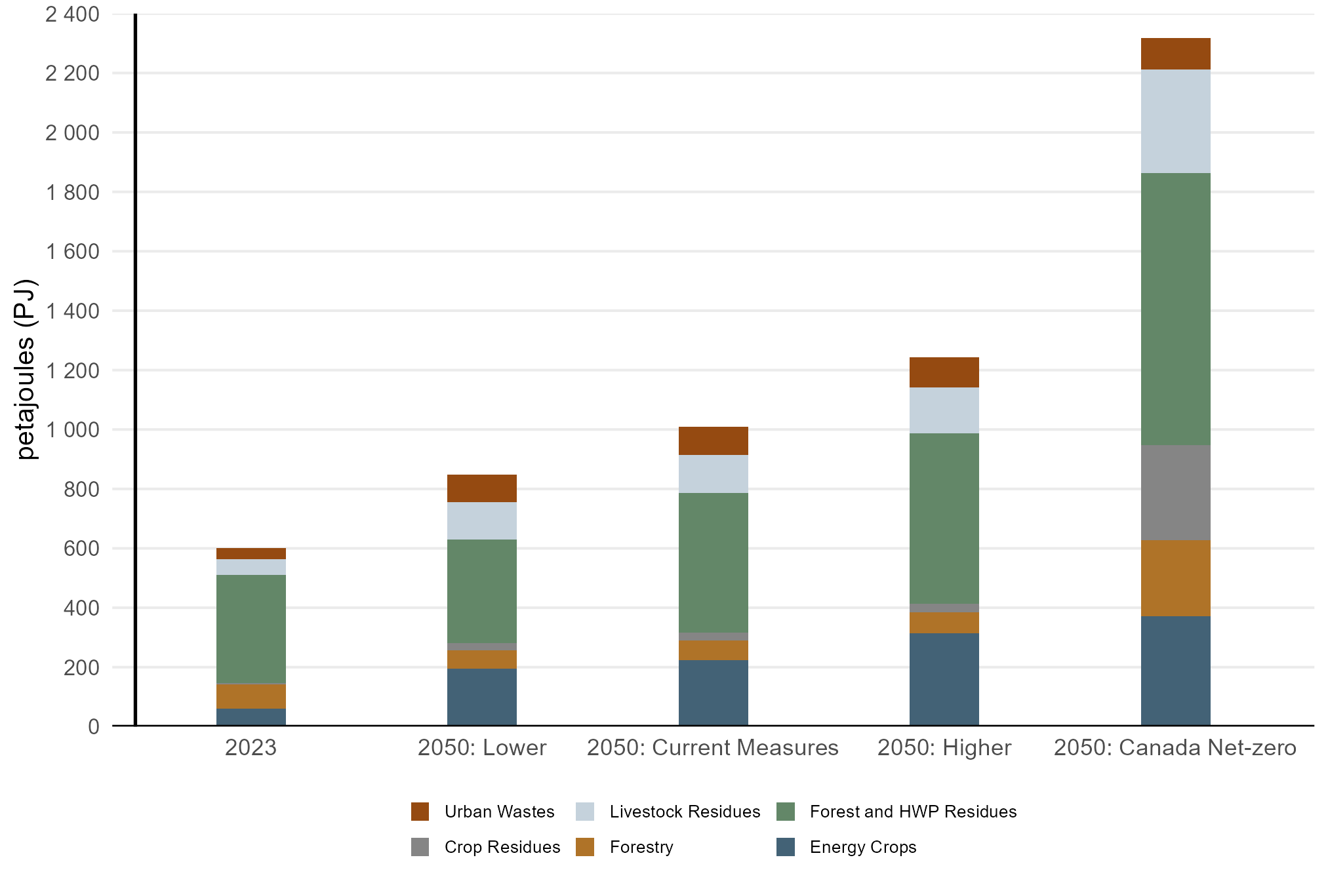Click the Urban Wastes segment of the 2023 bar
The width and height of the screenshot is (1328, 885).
click(x=251, y=553)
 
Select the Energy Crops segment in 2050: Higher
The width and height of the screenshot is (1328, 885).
click(x=944, y=679)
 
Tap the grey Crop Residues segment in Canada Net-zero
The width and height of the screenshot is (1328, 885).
click(x=1175, y=492)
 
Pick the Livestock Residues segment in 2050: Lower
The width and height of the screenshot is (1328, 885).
click(x=481, y=521)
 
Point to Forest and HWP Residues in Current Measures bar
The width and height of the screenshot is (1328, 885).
click(x=713, y=562)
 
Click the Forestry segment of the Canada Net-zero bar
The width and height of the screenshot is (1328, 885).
click(x=1175, y=578)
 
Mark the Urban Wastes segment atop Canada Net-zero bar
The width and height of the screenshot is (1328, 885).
click(x=1175, y=54)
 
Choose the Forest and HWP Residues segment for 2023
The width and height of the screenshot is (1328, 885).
click(x=251, y=629)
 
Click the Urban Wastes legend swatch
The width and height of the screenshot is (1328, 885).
click(x=420, y=812)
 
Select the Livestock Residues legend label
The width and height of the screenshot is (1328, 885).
click(x=685, y=812)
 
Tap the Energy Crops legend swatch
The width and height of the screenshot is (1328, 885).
click(x=786, y=847)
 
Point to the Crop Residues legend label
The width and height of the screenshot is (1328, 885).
click(x=502, y=847)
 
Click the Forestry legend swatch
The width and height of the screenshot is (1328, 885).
click(x=585, y=847)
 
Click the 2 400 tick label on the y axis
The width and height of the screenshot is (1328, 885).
click(x=72, y=14)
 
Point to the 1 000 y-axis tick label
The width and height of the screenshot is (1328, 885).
click(x=72, y=429)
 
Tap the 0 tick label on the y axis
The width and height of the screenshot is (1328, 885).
click(x=94, y=726)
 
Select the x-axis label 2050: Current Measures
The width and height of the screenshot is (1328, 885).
click(x=713, y=748)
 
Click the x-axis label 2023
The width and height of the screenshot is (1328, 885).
click(x=251, y=748)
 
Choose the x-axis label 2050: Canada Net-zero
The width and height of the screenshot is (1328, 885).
click(x=1175, y=748)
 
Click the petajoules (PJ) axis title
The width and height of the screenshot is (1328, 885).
click(x=26, y=370)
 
